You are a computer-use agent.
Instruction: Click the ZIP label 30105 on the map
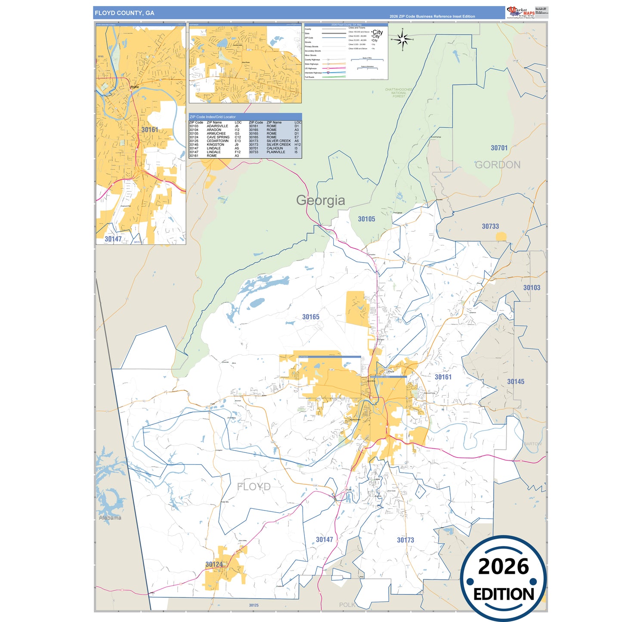click(x=366, y=219)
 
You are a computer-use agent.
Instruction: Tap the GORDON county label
click(x=498, y=165)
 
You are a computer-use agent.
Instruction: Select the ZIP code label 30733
click(x=490, y=226)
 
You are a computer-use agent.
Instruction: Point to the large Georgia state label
click(x=320, y=201)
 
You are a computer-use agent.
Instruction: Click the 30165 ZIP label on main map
click(x=310, y=317)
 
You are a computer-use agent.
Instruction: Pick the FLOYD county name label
click(x=254, y=487)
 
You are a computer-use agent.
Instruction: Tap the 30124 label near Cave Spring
click(x=214, y=564)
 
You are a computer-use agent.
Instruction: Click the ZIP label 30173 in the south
click(x=405, y=540)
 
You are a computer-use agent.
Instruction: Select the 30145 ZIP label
click(x=515, y=382)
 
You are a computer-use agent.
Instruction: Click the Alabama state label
click(x=110, y=518)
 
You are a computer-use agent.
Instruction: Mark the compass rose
click(x=402, y=40)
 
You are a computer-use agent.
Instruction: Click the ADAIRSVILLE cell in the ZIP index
click(x=217, y=126)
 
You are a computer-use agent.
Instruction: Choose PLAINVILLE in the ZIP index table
click(x=275, y=152)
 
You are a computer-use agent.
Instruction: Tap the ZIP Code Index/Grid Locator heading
click(x=213, y=117)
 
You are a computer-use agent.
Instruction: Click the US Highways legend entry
click(x=311, y=68)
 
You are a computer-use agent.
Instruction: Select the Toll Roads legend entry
click(x=309, y=77)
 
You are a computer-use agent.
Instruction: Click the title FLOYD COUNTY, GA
click(x=124, y=13)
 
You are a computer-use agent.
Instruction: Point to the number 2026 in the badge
click(x=503, y=566)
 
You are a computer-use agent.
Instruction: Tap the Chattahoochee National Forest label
click(x=399, y=93)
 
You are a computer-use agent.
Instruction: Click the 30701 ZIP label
click(x=499, y=148)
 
